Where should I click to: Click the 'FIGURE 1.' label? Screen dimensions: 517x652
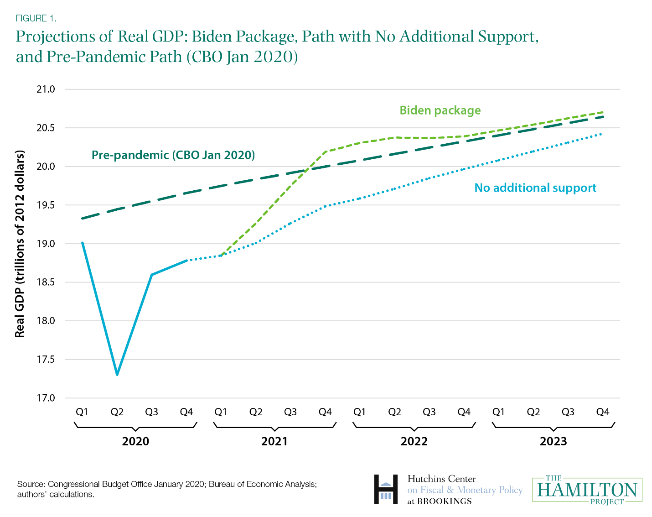click(x=36, y=18)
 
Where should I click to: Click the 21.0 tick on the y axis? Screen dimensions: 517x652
click(x=46, y=89)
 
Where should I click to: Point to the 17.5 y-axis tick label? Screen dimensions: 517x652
click(x=46, y=360)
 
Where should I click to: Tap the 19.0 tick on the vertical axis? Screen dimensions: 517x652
click(x=46, y=244)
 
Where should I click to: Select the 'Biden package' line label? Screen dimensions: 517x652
click(x=440, y=110)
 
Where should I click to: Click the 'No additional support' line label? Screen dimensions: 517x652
click(x=535, y=188)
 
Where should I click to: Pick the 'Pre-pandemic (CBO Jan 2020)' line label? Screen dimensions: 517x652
click(x=173, y=155)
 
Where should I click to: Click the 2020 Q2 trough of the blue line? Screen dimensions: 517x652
click(x=117, y=375)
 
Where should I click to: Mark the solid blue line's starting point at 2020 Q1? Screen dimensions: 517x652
click(x=83, y=243)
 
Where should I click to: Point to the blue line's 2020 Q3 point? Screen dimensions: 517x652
click(x=152, y=275)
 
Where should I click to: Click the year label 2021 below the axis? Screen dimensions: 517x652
click(x=274, y=441)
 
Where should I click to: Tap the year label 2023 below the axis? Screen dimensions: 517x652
click(x=553, y=441)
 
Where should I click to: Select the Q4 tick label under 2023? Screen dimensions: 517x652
click(x=602, y=412)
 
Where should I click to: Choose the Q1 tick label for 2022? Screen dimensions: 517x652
click(x=360, y=412)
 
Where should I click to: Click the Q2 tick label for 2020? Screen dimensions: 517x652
click(x=117, y=412)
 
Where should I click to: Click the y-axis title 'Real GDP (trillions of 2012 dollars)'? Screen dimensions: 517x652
click(x=20, y=244)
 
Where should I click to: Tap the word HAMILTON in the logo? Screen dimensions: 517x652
click(x=587, y=490)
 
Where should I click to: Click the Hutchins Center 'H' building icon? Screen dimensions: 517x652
click(x=386, y=490)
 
